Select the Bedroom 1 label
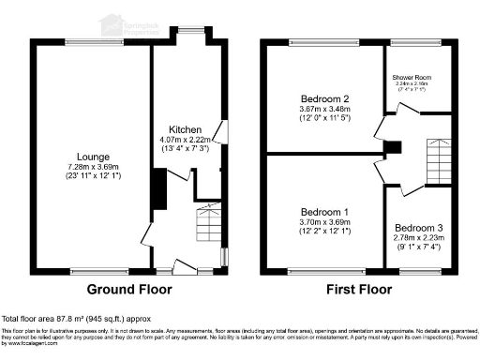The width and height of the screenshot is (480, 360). (x=323, y=211)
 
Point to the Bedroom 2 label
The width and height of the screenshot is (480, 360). (x=324, y=98)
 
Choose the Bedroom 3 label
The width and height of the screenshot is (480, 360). (x=419, y=228)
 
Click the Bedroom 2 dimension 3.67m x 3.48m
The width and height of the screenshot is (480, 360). (x=324, y=109)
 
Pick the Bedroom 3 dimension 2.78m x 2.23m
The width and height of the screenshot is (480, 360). (x=419, y=238)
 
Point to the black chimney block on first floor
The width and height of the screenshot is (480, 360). (x=394, y=147)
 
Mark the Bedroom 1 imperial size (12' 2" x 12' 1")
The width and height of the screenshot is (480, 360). (x=323, y=231)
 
